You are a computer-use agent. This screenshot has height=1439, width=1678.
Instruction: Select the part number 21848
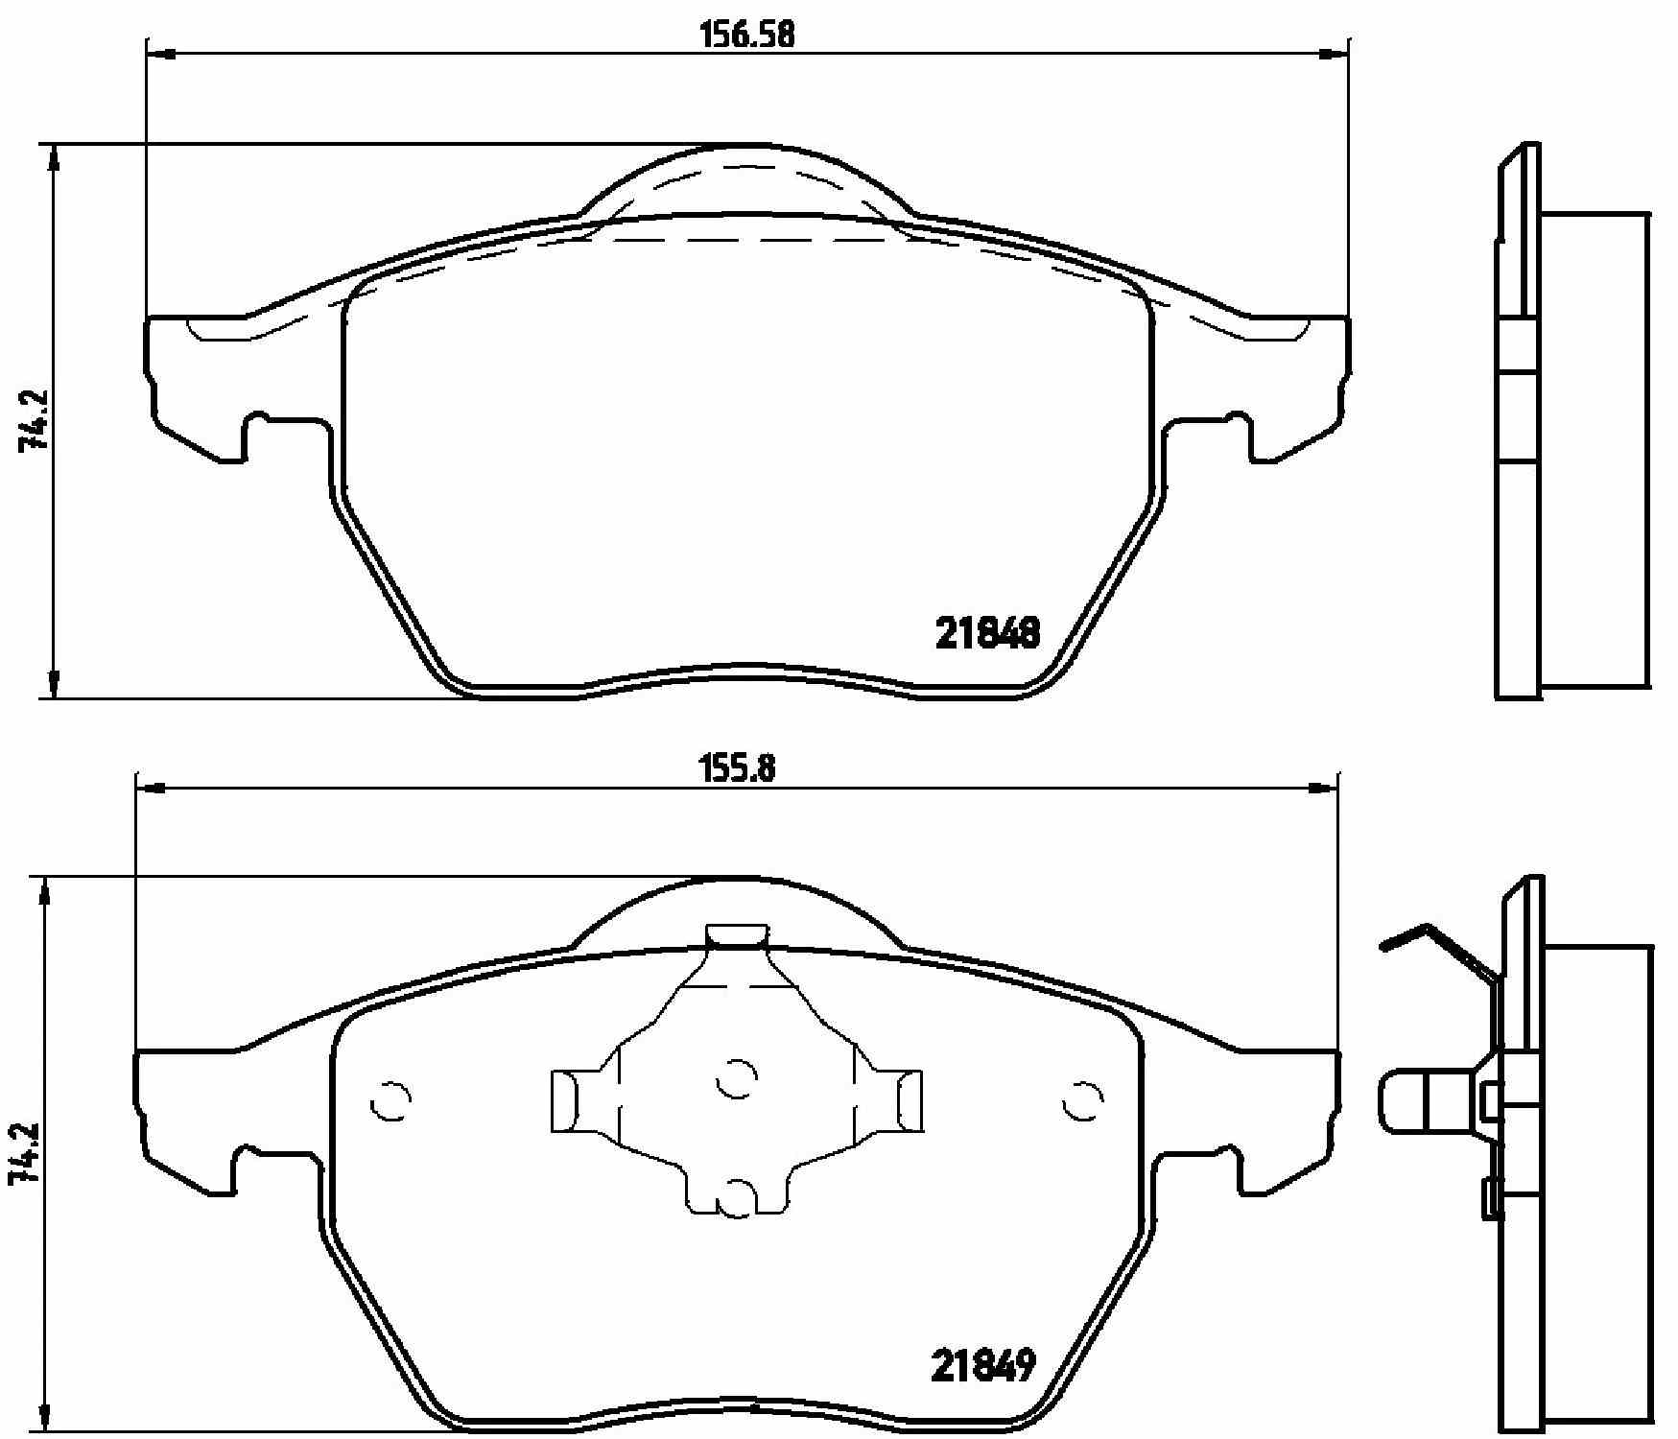click(987, 633)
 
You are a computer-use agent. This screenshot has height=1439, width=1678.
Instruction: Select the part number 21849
click(983, 1365)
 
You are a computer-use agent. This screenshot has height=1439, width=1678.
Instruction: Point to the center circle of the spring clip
click(737, 1078)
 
